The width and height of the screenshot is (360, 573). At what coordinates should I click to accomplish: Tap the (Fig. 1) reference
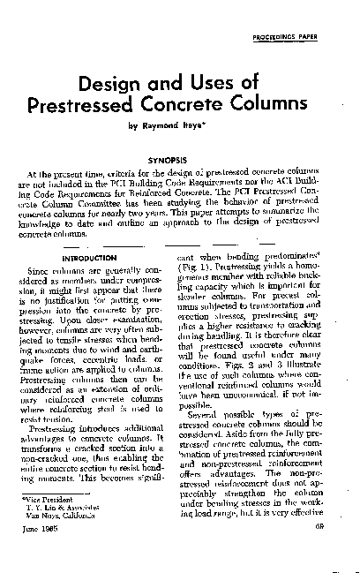pos(209,264)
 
